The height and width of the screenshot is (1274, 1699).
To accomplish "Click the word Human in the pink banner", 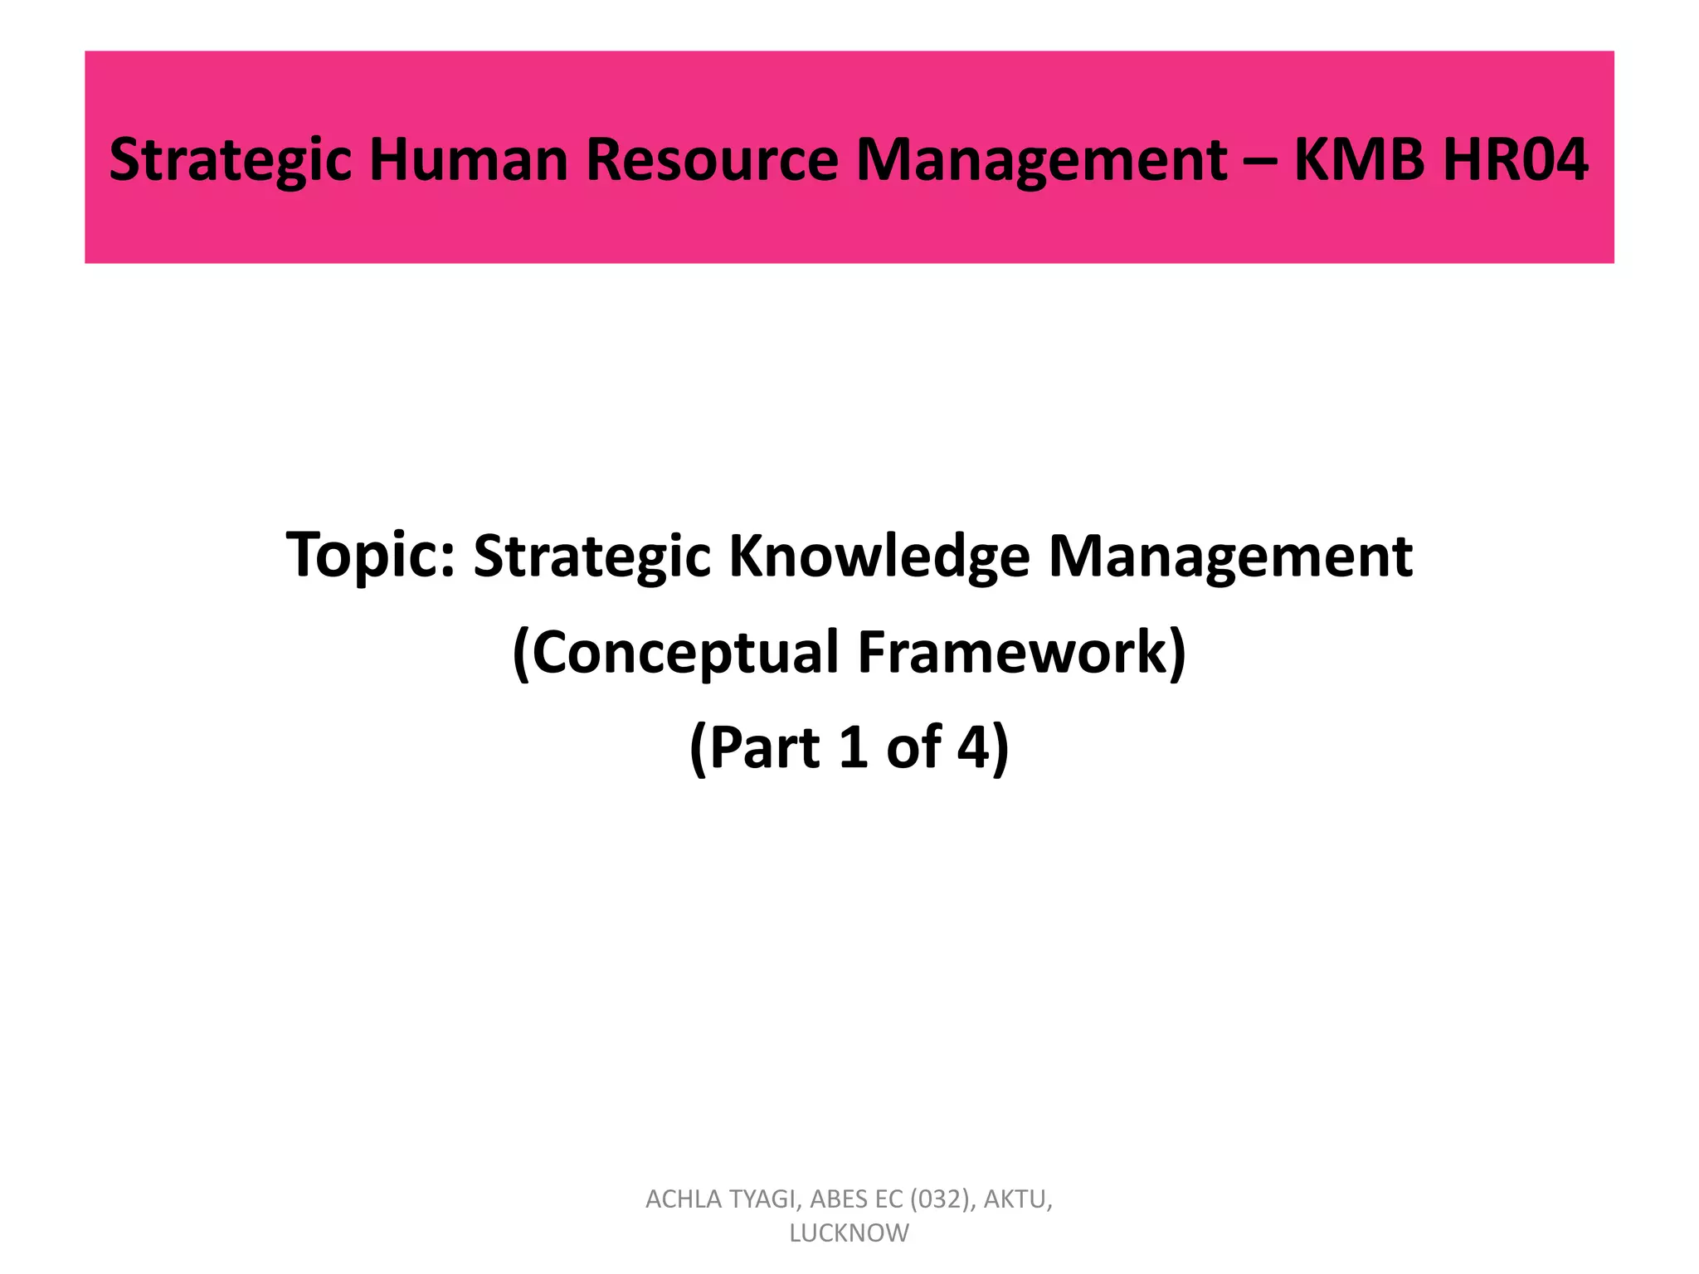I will tap(469, 159).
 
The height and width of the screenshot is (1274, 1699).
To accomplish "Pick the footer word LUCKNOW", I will tap(849, 1233).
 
